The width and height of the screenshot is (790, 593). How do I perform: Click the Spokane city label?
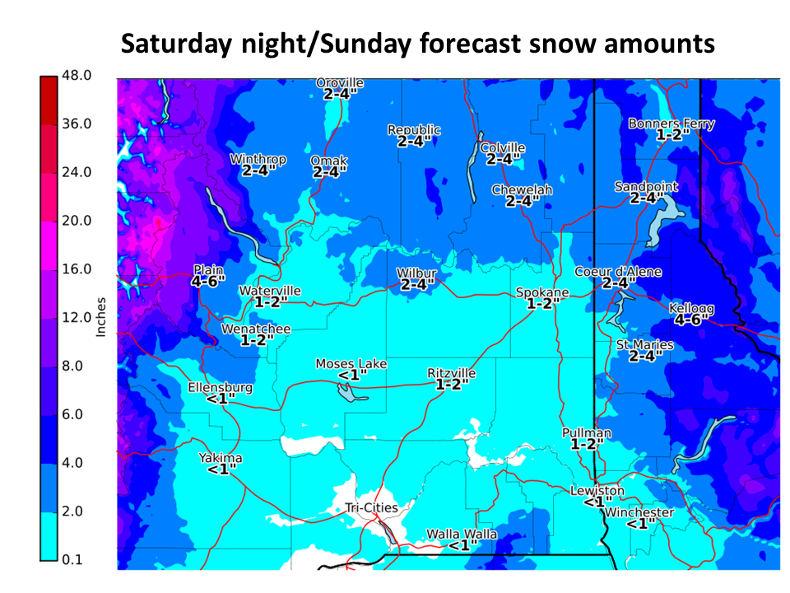(542, 292)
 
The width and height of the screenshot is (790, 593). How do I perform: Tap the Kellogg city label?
(691, 308)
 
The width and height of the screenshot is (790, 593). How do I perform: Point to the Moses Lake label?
(351, 364)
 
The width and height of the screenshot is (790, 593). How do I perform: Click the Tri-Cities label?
(370, 507)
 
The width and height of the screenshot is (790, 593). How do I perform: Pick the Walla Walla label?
(462, 535)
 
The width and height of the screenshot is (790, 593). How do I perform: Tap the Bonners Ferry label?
(671, 124)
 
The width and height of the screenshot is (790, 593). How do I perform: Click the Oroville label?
(340, 83)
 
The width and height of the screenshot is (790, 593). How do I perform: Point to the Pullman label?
(587, 433)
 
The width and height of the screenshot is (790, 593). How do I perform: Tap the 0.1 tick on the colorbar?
(75, 560)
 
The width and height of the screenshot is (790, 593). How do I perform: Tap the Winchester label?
(639, 513)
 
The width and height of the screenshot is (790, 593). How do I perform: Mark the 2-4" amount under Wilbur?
(416, 284)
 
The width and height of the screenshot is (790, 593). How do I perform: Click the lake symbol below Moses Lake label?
(352, 394)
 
